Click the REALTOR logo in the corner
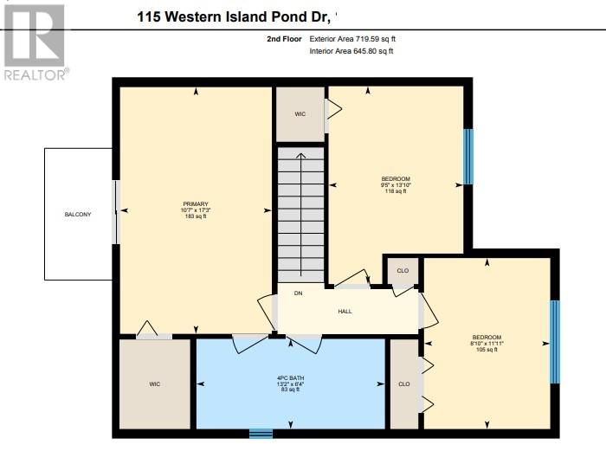pyautogui.click(x=35, y=42)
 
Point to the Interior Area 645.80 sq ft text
pyautogui.click(x=351, y=52)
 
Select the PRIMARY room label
pyautogui.click(x=195, y=203)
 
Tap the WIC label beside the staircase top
pyautogui.click(x=300, y=113)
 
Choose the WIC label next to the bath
pyautogui.click(x=154, y=383)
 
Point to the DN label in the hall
pyautogui.click(x=298, y=293)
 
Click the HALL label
pyautogui.click(x=345, y=312)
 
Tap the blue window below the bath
pyautogui.click(x=261, y=433)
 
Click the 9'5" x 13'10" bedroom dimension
pyautogui.click(x=396, y=184)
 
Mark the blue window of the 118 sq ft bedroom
pyautogui.click(x=468, y=157)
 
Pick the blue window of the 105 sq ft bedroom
pyautogui.click(x=555, y=331)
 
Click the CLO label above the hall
pyautogui.click(x=403, y=271)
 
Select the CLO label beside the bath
pyautogui.click(x=403, y=383)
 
